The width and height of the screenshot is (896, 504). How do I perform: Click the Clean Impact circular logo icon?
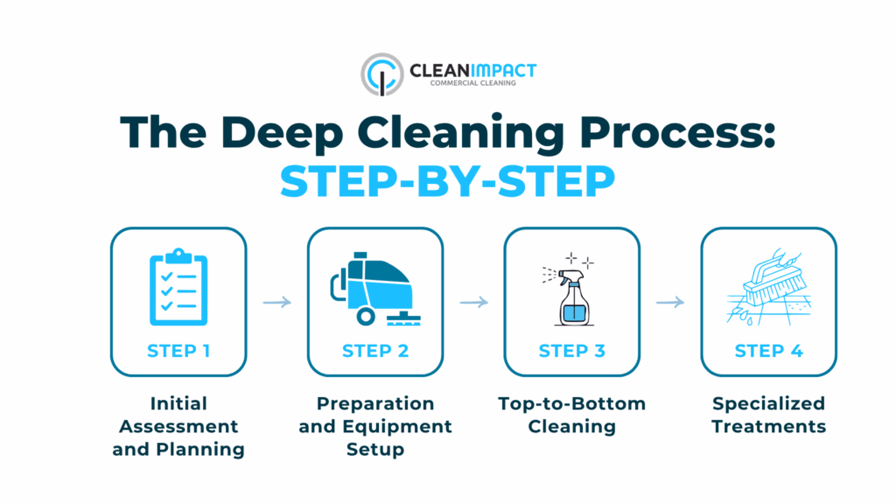[x=381, y=73]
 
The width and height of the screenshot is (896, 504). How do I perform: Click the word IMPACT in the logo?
[x=500, y=69]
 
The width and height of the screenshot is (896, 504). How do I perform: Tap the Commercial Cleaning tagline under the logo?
[x=472, y=84]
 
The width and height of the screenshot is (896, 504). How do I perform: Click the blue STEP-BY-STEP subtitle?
[x=447, y=181]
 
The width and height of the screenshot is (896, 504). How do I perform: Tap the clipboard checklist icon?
[x=178, y=285]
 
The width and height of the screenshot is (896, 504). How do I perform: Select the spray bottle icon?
[x=571, y=290]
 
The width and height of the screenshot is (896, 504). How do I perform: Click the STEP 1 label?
[x=178, y=351]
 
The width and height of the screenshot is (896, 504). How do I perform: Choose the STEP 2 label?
[x=374, y=351]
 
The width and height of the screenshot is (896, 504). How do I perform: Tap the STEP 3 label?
[x=571, y=351]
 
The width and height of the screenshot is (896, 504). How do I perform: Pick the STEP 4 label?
[x=768, y=351]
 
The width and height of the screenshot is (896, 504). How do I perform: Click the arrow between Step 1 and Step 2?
[x=276, y=303]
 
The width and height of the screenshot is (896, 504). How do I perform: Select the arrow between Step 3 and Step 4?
[x=670, y=303]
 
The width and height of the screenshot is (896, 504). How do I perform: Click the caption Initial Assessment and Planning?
[x=178, y=426]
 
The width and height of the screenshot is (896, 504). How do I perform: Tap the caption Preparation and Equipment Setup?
[x=374, y=426]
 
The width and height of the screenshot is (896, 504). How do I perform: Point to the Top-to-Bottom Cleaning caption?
[x=571, y=415]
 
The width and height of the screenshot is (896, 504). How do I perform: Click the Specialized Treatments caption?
[x=768, y=415]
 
